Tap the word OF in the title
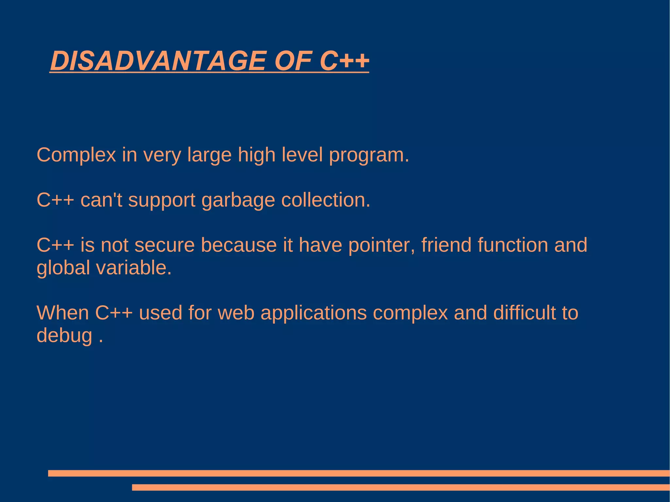[293, 61]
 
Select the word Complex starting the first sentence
[76, 155]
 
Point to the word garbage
[238, 200]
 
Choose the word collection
[326, 200]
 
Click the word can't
[101, 200]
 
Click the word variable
[133, 268]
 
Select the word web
[236, 313]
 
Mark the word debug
[64, 336]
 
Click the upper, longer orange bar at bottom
[359, 473]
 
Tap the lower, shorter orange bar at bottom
[400, 487]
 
